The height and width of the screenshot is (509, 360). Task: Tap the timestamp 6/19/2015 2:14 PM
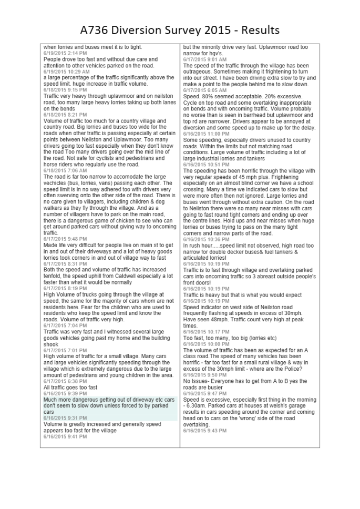pyautogui.click(x=65, y=54)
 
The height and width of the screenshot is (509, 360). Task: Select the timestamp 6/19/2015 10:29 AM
pyautogui.click(x=66, y=72)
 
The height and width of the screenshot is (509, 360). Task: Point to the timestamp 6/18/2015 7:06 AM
pyautogui.click(x=65, y=171)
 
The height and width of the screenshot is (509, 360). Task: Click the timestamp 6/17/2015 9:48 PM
pyautogui.click(x=65, y=239)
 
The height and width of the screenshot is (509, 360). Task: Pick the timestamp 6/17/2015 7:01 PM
pyautogui.click(x=65, y=350)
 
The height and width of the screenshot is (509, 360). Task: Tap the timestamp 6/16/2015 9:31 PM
pyautogui.click(x=65, y=418)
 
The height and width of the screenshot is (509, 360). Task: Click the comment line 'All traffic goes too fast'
pyautogui.click(x=70, y=388)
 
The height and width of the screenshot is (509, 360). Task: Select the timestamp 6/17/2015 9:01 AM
pyautogui.click(x=205, y=59)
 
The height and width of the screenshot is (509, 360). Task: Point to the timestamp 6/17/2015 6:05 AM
pyautogui.click(x=205, y=90)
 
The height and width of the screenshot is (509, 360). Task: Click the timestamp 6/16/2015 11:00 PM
pyautogui.click(x=206, y=134)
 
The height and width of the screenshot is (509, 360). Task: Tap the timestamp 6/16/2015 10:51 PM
pyautogui.click(x=206, y=165)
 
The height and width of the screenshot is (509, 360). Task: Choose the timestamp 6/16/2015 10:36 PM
pyautogui.click(x=206, y=239)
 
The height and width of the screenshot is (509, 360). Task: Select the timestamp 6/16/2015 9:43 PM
pyautogui.click(x=205, y=431)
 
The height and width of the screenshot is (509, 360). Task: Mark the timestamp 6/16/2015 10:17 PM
pyautogui.click(x=206, y=332)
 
